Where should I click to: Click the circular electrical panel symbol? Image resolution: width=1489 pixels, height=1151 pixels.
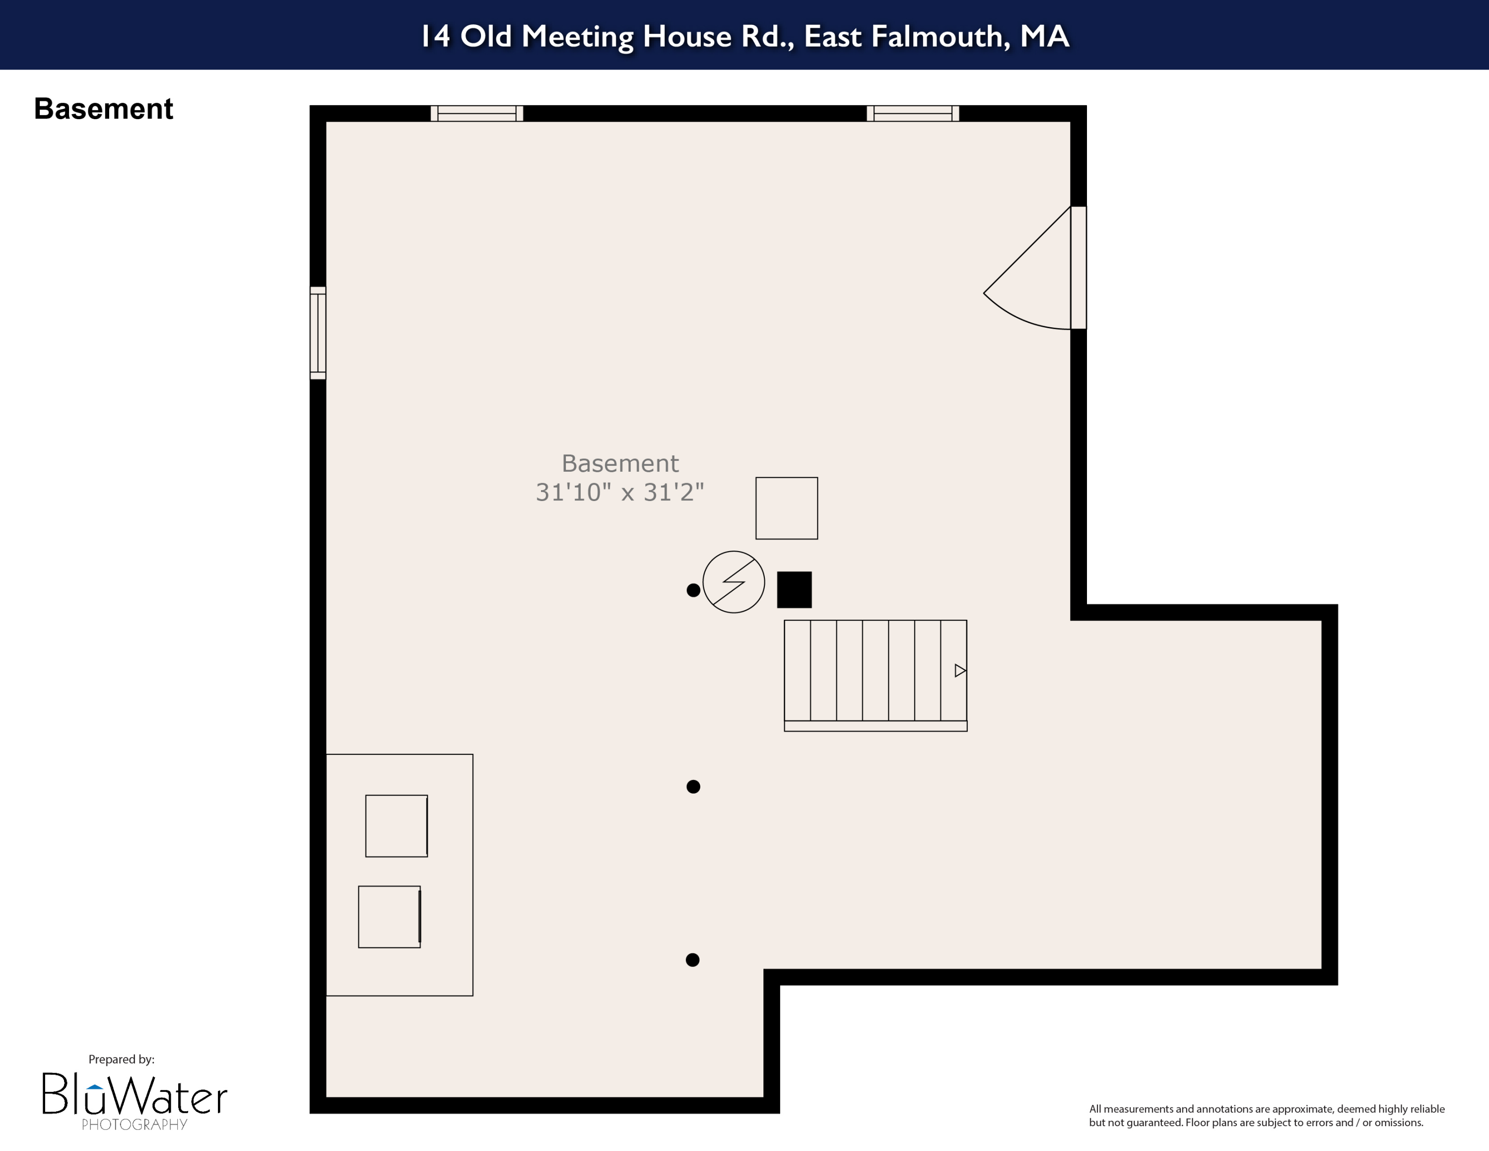tap(734, 581)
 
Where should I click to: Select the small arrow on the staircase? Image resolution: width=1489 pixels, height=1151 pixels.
tap(960, 670)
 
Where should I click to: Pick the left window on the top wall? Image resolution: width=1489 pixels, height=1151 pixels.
tap(476, 113)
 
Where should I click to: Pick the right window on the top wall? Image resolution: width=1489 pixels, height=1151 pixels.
tap(913, 113)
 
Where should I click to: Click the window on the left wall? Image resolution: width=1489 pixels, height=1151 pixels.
tap(318, 333)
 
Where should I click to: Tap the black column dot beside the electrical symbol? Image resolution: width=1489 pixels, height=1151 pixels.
tap(693, 590)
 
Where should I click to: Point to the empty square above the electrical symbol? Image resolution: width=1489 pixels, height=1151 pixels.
tap(787, 508)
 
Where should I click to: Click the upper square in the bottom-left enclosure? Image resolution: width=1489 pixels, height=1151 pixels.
tap(396, 826)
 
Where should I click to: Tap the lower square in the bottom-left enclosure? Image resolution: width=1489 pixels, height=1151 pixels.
tap(389, 917)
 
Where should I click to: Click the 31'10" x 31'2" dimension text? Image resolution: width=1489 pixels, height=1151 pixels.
tap(620, 492)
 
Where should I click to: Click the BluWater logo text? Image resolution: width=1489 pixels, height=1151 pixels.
tap(135, 1094)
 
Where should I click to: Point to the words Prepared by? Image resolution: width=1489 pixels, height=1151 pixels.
tap(122, 1059)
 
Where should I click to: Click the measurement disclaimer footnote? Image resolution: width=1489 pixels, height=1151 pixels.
tap(1266, 1116)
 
